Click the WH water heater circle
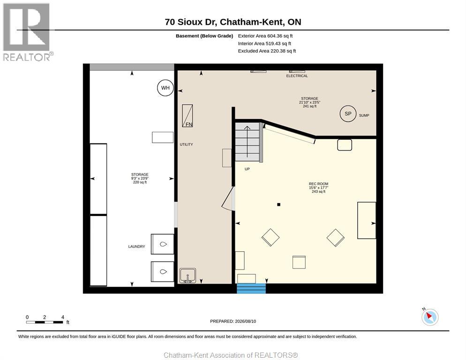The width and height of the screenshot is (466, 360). coord(165,88)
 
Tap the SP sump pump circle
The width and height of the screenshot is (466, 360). coord(348,113)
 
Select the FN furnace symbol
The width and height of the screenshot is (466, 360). coord(188,116)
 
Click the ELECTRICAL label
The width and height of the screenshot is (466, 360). coord(297,76)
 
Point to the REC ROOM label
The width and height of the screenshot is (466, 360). coord(319,184)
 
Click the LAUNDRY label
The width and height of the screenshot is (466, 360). coord(137,247)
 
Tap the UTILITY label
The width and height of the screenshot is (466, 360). coord(186,144)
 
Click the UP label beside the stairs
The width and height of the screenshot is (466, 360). coord(247,169)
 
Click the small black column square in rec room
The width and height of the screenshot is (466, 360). coord(279,204)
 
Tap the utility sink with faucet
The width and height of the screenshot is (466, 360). coord(188,276)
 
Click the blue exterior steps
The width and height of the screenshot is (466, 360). coord(251,288)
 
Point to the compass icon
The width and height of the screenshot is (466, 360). coord(430,317)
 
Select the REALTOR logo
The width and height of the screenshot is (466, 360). coord(28,32)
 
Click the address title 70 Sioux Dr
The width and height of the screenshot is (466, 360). coord(233,22)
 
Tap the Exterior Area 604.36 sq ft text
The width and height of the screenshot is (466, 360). coord(265,36)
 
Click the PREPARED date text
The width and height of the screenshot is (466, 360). coord(233,322)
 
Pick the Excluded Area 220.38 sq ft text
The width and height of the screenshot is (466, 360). coord(267,51)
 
